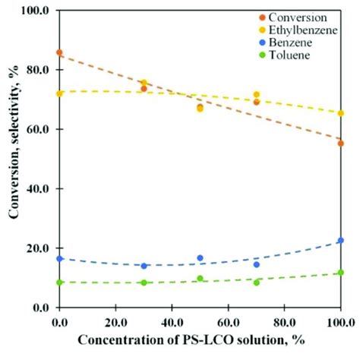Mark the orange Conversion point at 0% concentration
(59, 53)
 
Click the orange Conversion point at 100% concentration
(341, 144)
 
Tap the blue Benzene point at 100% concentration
(341, 241)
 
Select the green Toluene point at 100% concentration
(341, 273)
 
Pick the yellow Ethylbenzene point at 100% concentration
(341, 113)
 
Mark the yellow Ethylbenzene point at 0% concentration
(59, 94)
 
